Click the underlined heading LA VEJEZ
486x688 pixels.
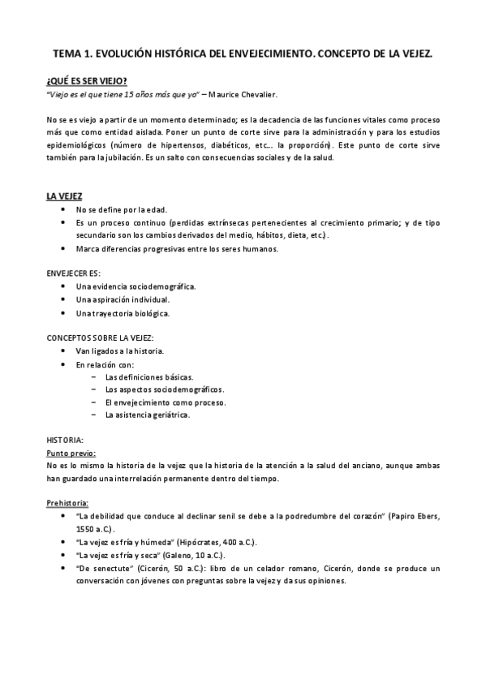(64, 196)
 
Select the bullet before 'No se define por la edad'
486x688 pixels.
(63, 209)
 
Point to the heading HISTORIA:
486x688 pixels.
(66, 440)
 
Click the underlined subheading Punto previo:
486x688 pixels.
(71, 453)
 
